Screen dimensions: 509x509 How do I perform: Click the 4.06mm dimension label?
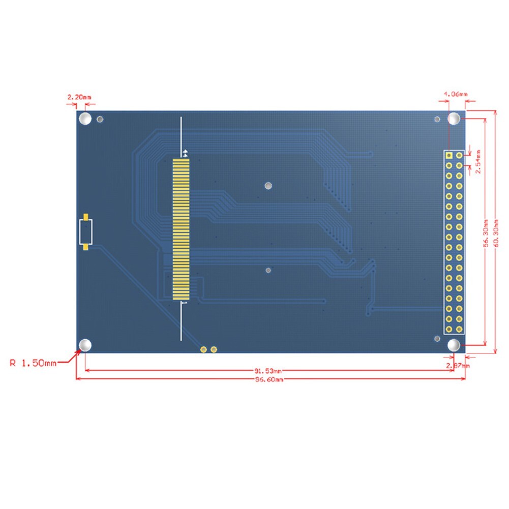pos(456,94)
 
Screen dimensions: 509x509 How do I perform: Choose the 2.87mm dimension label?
pos(458,365)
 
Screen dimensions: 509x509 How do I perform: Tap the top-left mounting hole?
pos(85,119)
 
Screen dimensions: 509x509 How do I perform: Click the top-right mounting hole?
pos(454,119)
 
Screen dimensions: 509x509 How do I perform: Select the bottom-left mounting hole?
pos(85,345)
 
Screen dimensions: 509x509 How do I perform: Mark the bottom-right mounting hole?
pos(454,345)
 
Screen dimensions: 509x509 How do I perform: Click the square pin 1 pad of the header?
pos(450,155)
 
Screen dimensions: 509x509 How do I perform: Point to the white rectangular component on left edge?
pos(86,232)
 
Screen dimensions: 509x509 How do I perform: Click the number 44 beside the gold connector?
pos(185,153)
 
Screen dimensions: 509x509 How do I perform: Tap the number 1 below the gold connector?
pos(185,303)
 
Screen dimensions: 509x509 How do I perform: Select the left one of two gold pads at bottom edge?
pos(203,349)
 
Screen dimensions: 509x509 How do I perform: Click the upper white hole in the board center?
pos(268,186)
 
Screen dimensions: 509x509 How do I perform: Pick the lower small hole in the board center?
pos(268,271)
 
